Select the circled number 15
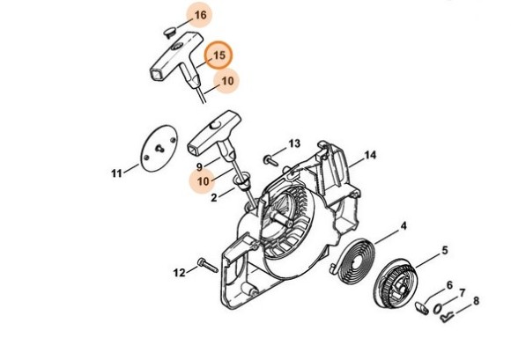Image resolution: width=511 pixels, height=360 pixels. point(218,55)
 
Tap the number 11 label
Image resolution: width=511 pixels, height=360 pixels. point(116,173)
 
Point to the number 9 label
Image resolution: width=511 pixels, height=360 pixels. point(200,165)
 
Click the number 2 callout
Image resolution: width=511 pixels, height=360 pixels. point(214,199)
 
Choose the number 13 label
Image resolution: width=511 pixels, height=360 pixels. point(294,143)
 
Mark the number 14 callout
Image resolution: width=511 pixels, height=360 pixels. point(370,156)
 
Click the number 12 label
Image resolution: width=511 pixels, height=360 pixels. point(179,273)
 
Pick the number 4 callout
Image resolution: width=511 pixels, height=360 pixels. point(404,225)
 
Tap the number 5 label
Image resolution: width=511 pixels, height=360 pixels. point(444,250)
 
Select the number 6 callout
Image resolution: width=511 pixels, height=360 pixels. point(449,285)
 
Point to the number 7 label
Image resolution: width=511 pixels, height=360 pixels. point(463,292)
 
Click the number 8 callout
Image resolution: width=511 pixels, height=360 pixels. point(477,301)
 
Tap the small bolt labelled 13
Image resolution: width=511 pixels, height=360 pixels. point(267,159)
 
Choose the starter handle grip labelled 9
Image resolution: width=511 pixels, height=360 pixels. point(211,129)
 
